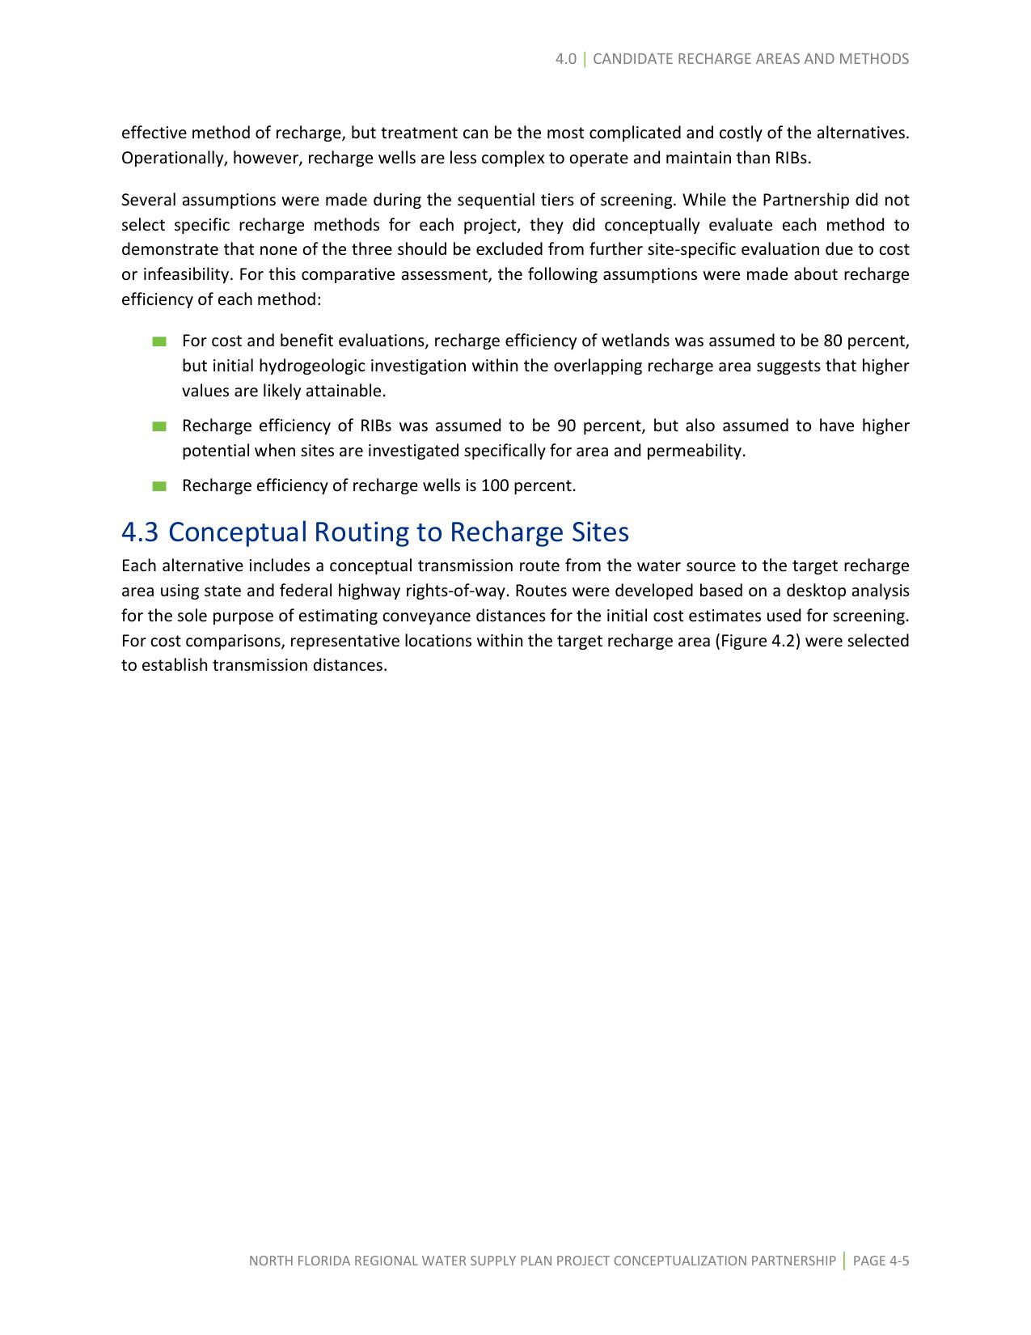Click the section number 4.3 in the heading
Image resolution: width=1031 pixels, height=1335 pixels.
click(x=140, y=532)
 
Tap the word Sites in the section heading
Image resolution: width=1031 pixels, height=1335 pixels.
click(x=599, y=532)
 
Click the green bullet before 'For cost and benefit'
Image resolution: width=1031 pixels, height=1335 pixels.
click(x=158, y=341)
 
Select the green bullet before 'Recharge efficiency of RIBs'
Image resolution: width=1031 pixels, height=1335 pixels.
click(x=158, y=426)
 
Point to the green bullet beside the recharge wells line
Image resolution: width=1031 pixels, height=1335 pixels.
click(x=158, y=486)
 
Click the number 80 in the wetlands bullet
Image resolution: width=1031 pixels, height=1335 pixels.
click(x=833, y=341)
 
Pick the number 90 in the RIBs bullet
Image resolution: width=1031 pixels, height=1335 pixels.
click(x=566, y=426)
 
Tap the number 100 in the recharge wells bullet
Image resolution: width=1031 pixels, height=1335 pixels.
click(x=493, y=486)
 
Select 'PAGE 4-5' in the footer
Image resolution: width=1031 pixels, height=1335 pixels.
click(x=881, y=1261)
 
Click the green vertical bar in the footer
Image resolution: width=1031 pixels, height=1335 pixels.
click(x=844, y=1261)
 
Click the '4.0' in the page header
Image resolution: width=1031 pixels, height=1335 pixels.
click(x=566, y=59)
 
